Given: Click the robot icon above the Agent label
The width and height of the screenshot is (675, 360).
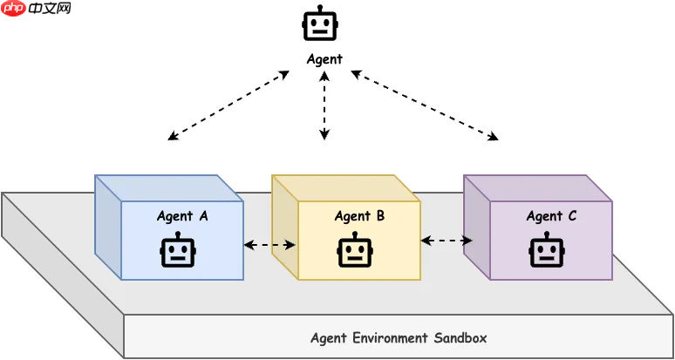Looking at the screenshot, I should point(320,24).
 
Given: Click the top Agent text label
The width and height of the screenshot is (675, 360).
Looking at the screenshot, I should point(324,59).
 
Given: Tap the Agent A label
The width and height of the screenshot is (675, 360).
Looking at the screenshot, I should point(182,216).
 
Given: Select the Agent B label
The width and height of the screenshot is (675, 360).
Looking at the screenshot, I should point(359,216).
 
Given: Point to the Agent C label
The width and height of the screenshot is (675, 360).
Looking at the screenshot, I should point(551,216).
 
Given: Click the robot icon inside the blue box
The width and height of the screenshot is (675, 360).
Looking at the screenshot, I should point(178,251).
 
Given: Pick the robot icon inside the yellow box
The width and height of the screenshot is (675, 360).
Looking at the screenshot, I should point(355,251).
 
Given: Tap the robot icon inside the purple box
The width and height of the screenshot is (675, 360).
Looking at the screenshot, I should point(547,251).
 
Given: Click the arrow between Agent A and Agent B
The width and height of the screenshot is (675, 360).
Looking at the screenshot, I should point(270,245).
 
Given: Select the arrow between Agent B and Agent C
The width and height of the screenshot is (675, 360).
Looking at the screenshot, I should point(447,240).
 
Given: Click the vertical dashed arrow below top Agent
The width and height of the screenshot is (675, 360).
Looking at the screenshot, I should point(324,106).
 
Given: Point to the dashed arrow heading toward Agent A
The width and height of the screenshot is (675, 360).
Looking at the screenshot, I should point(228,105).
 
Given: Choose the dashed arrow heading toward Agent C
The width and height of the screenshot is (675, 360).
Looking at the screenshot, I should point(424,105).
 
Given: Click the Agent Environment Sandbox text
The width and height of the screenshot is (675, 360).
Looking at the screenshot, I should point(399,337).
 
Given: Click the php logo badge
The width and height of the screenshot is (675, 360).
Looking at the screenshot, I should point(13,9).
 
